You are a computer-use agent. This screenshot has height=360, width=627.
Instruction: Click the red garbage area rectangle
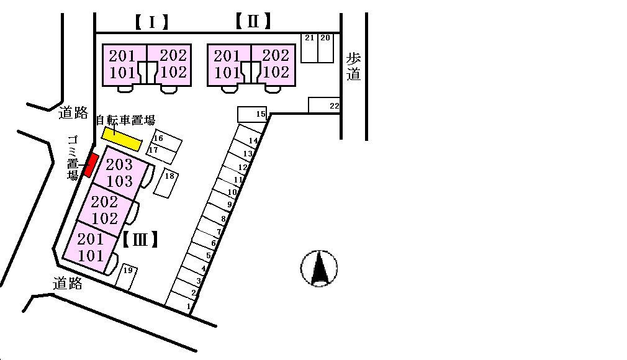coord(91,165)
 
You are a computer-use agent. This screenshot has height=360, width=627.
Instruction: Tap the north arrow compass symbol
coord(319,268)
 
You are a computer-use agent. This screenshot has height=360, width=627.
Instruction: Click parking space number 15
coord(252,114)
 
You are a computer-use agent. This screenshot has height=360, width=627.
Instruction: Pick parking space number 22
coord(324,106)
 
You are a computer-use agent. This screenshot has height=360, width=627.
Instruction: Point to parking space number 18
coord(166,183)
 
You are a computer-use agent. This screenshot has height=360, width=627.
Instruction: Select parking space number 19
coord(126,277)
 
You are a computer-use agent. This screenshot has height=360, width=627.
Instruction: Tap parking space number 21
coord(309,48)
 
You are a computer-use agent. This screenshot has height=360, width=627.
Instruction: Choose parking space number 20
coord(325,48)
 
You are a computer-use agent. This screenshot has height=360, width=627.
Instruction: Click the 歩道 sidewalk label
coord(353,67)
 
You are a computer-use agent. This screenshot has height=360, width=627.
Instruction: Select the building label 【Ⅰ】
coord(152,23)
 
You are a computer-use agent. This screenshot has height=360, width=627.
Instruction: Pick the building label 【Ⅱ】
coord(253,22)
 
